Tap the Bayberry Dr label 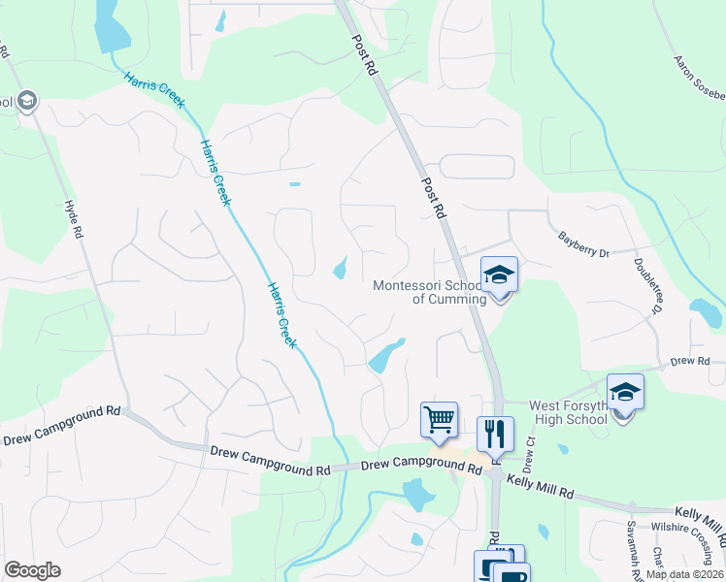pos(583,245)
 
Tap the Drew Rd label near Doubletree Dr pos(690,362)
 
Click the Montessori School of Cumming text pos(430,292)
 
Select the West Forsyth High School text pos(568,412)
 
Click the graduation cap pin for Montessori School pos(500,275)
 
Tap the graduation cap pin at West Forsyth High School pos(625,393)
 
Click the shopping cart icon pos(439,420)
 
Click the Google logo pos(32,570)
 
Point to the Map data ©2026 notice pos(683,574)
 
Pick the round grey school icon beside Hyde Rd pos(26,100)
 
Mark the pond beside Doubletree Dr pos(707,312)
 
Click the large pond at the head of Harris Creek pos(111,29)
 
